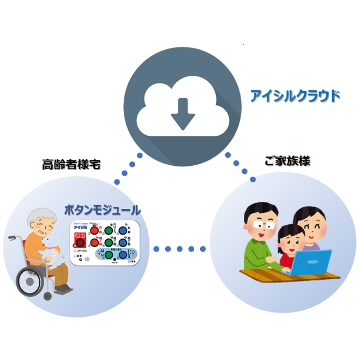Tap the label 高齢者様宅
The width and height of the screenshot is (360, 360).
click(x=71, y=164)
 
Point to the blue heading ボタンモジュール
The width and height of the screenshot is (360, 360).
click(x=102, y=209)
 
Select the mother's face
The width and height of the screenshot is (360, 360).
click(x=308, y=225)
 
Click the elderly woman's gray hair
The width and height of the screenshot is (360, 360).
click(x=41, y=214)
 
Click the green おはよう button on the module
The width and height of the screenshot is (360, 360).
click(x=109, y=229)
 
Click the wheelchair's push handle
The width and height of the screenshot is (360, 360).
click(x=12, y=238)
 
